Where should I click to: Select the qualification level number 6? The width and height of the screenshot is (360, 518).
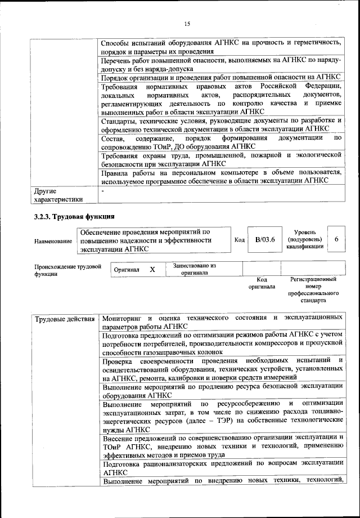[336, 240]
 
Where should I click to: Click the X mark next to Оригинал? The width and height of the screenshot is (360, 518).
[152, 270]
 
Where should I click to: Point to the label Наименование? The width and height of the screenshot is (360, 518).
[53, 242]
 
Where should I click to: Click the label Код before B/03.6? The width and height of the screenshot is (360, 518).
[238, 240]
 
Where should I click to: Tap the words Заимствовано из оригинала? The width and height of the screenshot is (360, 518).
[195, 269]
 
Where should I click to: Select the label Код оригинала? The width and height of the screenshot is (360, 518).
[262, 283]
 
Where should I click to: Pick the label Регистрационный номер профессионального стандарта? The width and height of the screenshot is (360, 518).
[313, 289]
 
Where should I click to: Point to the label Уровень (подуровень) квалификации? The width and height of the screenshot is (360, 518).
[304, 239]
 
